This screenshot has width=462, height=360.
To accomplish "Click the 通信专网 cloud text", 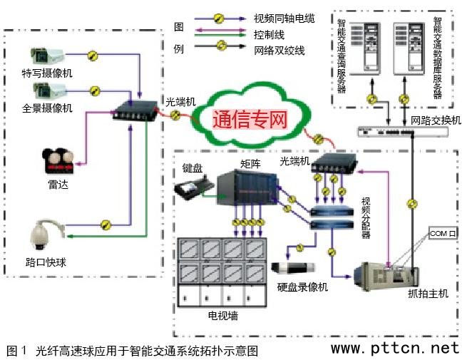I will point(250,120).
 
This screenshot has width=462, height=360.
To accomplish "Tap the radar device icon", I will point(57,160).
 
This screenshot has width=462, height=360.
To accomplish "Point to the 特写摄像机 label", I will point(47,73).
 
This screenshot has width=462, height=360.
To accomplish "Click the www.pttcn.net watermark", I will point(395,349).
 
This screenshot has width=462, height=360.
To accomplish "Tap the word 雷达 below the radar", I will point(58,185).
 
